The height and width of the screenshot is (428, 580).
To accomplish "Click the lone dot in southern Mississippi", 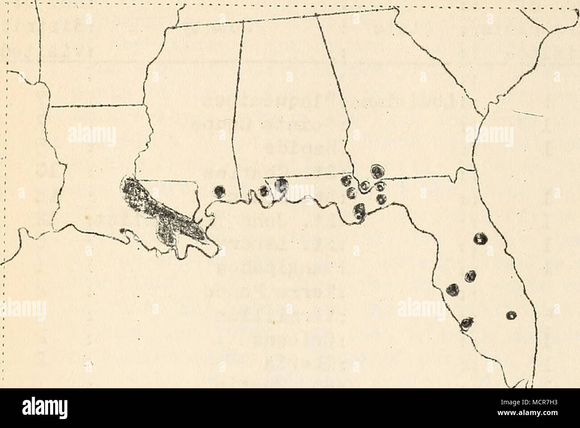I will (x=219, y=191).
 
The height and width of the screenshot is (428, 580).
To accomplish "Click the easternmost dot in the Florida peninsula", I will (x=511, y=315).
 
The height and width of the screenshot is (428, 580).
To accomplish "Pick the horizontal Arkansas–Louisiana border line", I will (x=96, y=106).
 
